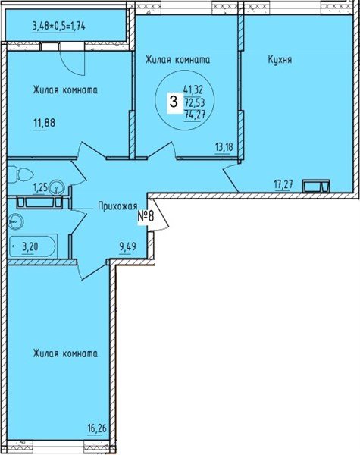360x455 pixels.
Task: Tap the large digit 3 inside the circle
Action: pos(174,103)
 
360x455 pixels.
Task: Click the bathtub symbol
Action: pos(34,246)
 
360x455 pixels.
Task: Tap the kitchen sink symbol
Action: pos(315,185)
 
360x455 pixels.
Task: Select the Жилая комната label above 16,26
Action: pos(64,353)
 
